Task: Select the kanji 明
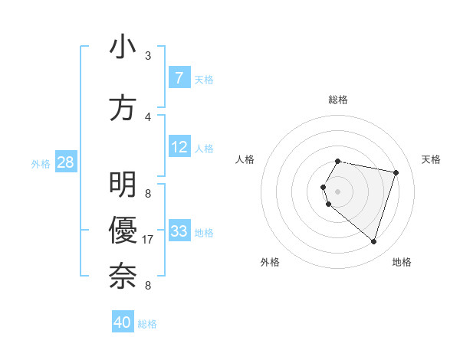(123, 185)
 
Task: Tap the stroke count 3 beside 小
(148, 56)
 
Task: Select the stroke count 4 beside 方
(148, 117)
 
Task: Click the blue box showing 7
(179, 77)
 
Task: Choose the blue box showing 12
(179, 147)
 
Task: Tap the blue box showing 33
(179, 231)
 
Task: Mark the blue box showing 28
(65, 162)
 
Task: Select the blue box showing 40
(123, 322)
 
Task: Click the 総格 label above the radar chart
(338, 100)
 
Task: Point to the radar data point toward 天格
(396, 172)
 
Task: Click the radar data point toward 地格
(373, 242)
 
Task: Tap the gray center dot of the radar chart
(338, 191)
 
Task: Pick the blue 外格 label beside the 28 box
(41, 163)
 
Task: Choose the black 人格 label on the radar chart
(245, 159)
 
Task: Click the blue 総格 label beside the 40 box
(147, 324)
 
